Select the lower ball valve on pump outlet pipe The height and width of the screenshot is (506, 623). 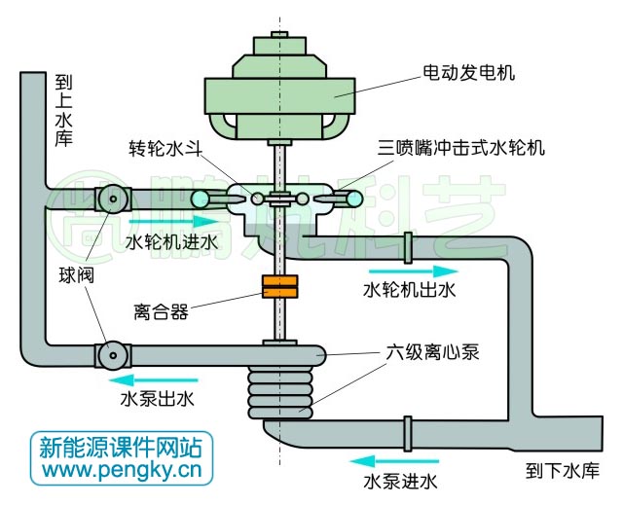pos(113,355)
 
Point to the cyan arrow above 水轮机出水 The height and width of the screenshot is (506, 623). pos(410,270)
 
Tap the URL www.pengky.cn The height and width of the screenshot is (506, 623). pos(121,472)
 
